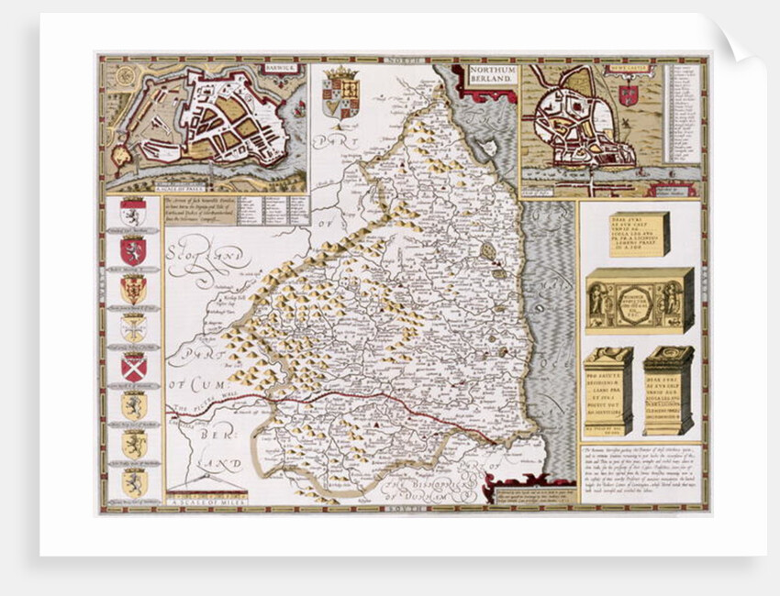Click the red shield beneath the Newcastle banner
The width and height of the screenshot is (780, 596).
pyautogui.click(x=629, y=94)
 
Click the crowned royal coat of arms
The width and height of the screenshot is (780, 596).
pyautogui.click(x=340, y=92)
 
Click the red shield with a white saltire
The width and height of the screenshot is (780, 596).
pyautogui.click(x=134, y=367)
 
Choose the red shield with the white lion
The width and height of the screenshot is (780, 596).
pyautogui.click(x=134, y=250)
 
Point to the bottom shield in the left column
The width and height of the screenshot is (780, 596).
pyautogui.click(x=134, y=482)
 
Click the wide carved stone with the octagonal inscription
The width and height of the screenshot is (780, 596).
pyautogui.click(x=640, y=300)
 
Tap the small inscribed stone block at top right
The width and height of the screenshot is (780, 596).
pyautogui.click(x=639, y=234)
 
